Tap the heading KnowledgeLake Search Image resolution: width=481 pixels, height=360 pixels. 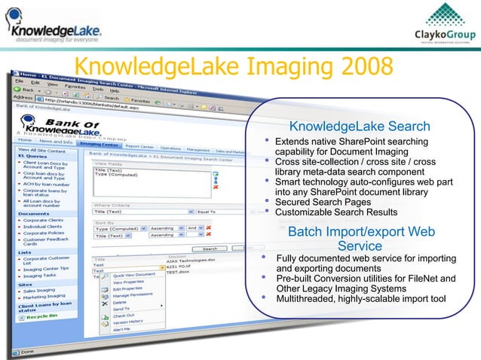pyautogui.click(x=360, y=126)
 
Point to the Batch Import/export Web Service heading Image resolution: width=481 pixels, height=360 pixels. pyautogui.click(x=360, y=239)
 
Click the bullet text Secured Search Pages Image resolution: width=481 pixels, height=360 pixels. pyautogui.click(x=323, y=202)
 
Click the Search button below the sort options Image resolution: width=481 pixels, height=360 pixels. pyautogui.click(x=210, y=249)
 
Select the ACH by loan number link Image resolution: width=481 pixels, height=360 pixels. pyautogui.click(x=47, y=184)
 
